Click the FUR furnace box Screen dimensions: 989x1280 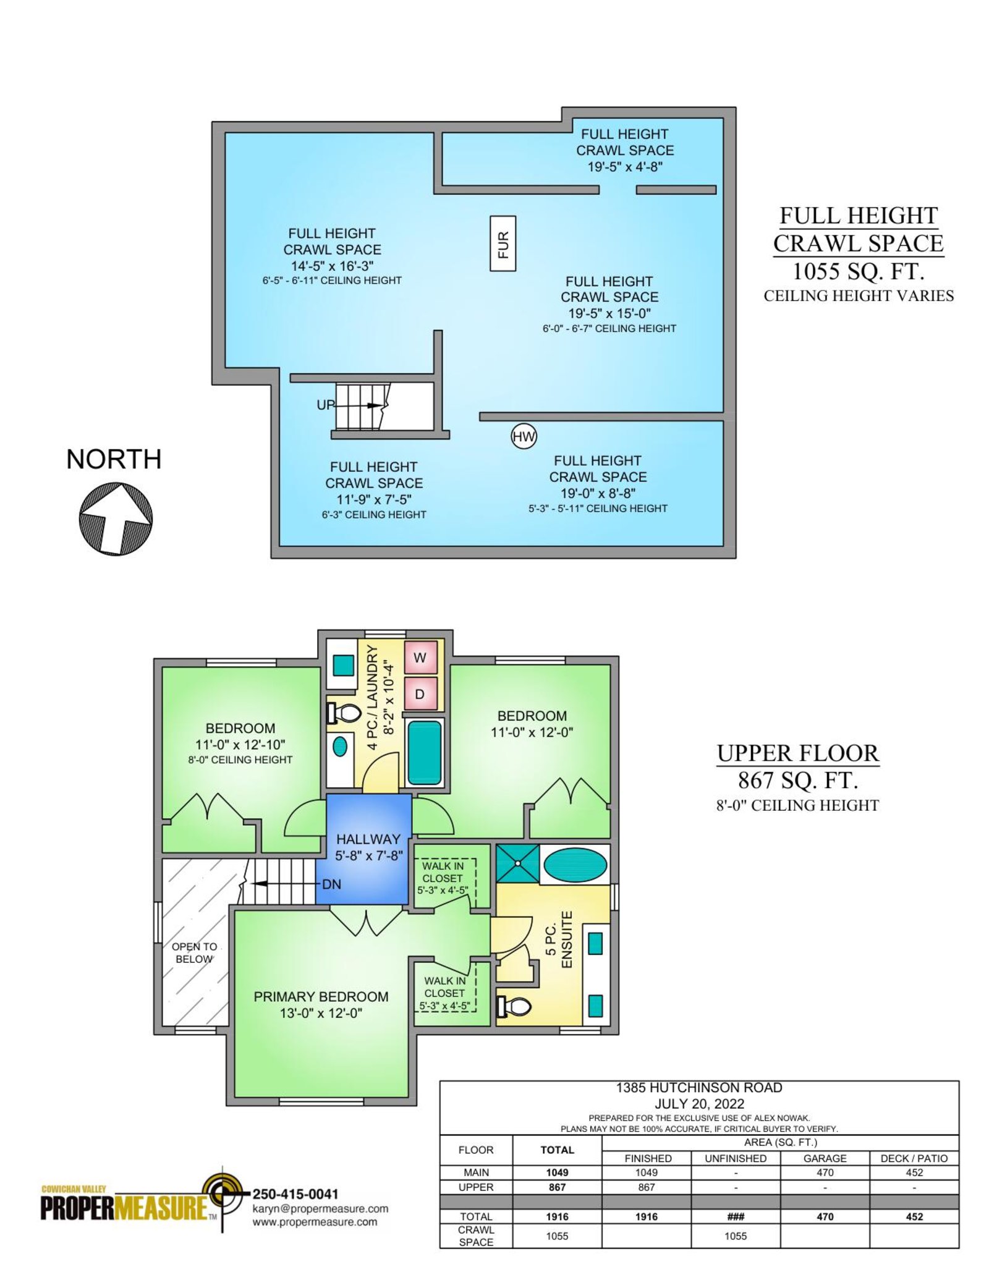tap(503, 244)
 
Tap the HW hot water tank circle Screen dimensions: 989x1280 tap(524, 436)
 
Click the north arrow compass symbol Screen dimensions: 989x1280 tap(116, 519)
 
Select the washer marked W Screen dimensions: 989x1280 tap(420, 658)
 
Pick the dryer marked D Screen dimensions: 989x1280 tap(420, 694)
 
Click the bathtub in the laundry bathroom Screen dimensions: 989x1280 tap(425, 752)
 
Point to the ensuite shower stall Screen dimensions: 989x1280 tap(517, 863)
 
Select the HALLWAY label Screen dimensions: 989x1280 tap(368, 839)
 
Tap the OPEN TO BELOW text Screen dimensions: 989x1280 tap(194, 952)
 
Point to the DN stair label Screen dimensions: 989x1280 tap(332, 884)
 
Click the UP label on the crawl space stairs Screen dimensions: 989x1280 tap(325, 405)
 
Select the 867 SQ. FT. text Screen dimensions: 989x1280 tap(798, 781)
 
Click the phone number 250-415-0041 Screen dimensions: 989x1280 tap(295, 1194)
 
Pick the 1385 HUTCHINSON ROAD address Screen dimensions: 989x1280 tap(699, 1088)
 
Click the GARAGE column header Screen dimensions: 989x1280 tap(825, 1158)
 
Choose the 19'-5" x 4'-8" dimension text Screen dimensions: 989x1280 tap(625, 166)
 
